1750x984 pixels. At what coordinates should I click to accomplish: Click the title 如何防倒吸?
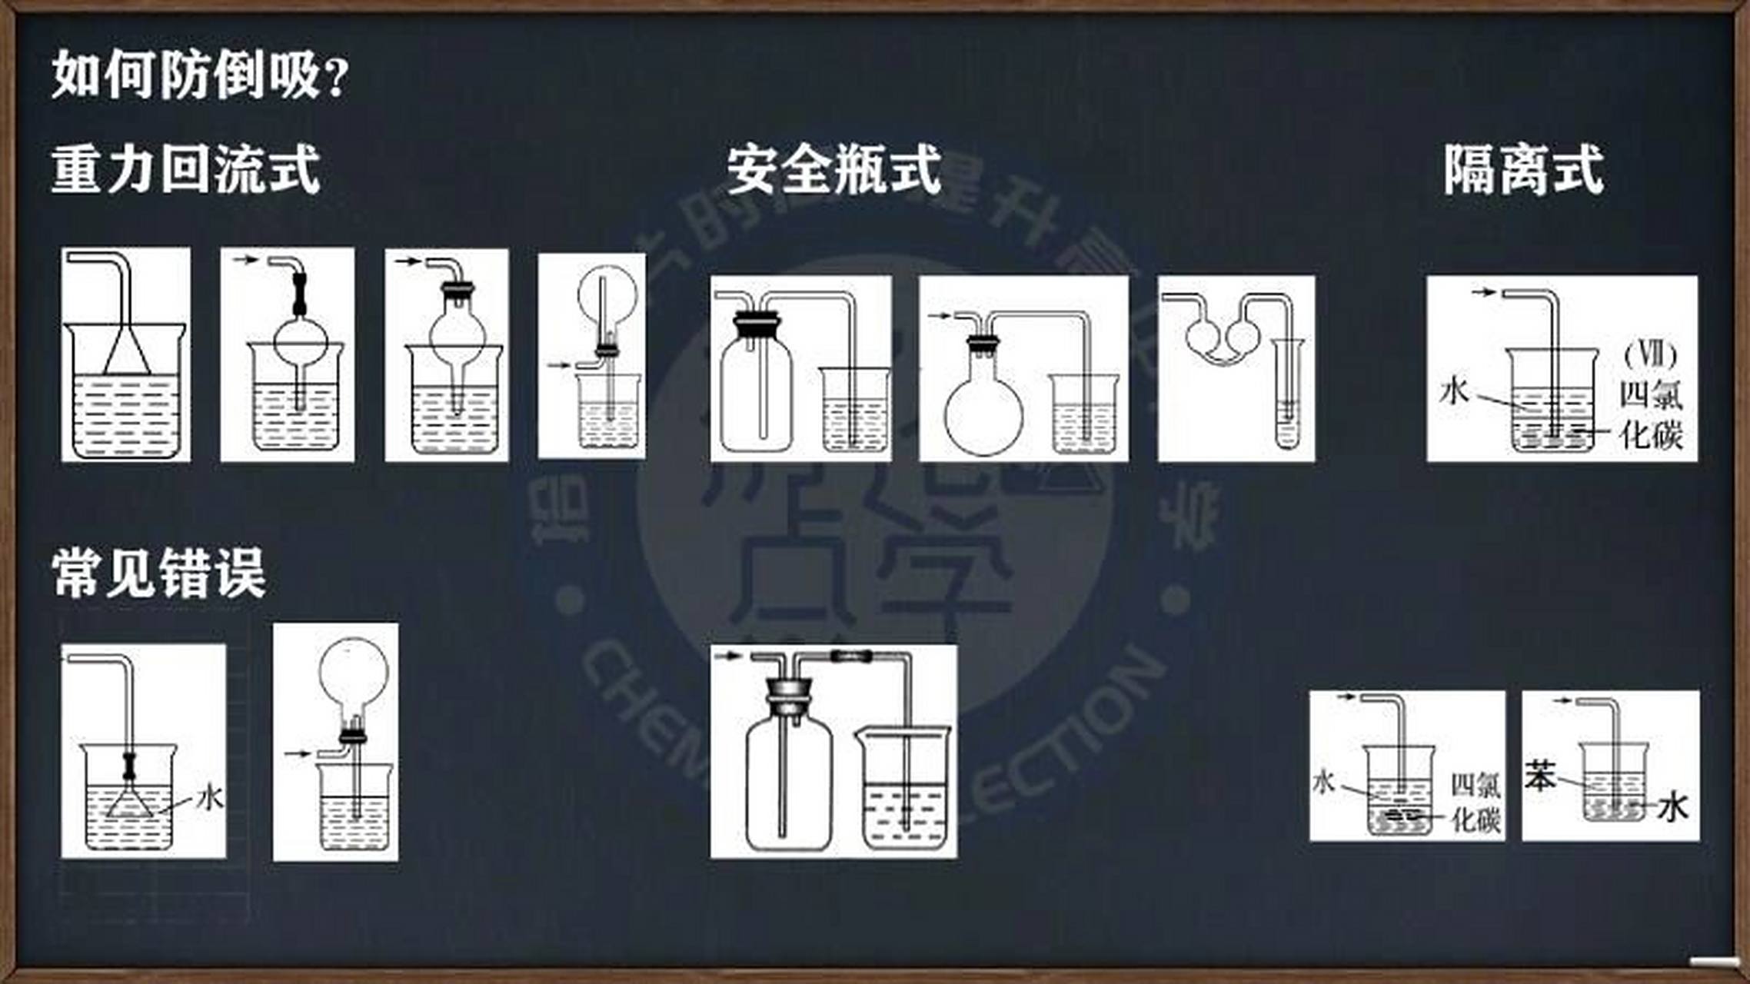pos(200,75)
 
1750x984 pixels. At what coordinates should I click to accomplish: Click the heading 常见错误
pos(159,573)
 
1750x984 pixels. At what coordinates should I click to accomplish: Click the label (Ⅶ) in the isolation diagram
pos(1651,355)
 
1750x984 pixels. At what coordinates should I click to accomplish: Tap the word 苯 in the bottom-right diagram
pos(1540,776)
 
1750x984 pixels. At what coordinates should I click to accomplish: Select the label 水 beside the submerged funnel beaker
pos(209,797)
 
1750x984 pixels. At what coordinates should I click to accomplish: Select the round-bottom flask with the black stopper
pos(983,407)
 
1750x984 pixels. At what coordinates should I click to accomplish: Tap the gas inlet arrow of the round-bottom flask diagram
pos(939,316)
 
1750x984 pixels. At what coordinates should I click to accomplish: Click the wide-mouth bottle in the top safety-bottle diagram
pos(756,392)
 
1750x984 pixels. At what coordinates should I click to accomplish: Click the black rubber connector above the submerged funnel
pos(128,765)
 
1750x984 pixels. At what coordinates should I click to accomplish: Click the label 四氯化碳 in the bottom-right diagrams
pos(1475,802)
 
